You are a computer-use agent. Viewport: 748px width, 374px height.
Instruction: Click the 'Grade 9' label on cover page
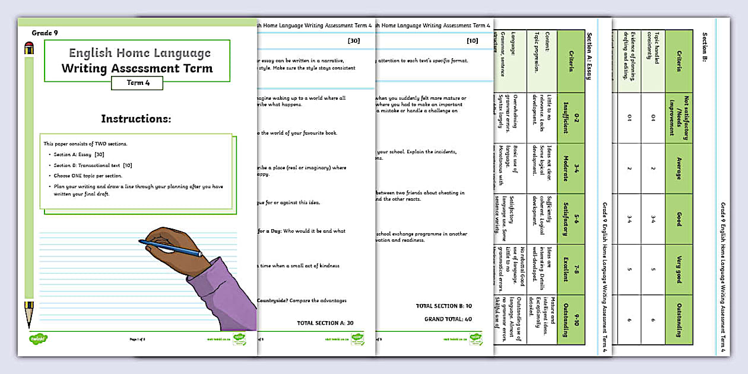(x=45, y=33)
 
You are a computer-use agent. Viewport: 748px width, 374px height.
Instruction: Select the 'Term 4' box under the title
(x=137, y=83)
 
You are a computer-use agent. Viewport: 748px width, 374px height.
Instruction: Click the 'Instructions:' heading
(x=136, y=119)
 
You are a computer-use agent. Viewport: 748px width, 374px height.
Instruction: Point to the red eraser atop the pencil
(x=29, y=48)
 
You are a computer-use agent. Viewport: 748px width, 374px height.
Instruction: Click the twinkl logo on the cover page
(x=38, y=339)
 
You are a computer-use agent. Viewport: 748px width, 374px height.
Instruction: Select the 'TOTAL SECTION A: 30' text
(x=325, y=323)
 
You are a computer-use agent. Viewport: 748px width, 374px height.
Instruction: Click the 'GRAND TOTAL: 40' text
(x=448, y=319)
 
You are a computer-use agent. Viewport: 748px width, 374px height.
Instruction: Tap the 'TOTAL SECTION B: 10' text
(x=444, y=306)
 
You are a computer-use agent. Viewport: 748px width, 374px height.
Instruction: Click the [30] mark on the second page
(x=353, y=41)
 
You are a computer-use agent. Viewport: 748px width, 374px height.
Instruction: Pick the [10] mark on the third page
(x=472, y=41)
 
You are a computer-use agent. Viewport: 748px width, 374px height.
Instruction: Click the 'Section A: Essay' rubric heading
(x=589, y=59)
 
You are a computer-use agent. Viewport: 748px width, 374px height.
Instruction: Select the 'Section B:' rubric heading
(x=706, y=47)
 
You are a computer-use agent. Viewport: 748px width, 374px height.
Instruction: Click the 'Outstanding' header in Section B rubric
(x=679, y=318)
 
